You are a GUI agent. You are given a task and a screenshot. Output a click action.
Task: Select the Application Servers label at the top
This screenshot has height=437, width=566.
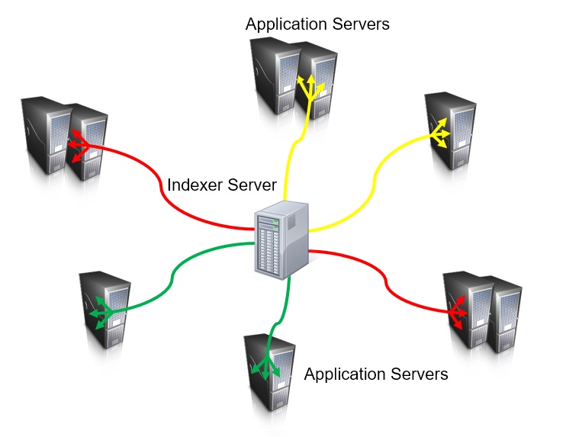pyautogui.click(x=317, y=24)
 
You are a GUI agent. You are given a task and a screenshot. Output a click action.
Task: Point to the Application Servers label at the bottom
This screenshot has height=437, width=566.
pyautogui.click(x=375, y=374)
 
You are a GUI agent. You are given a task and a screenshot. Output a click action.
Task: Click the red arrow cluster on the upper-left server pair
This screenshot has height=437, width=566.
pyautogui.click(x=79, y=145)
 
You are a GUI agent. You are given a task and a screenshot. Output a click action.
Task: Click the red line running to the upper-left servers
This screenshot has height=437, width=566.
pyautogui.click(x=164, y=191)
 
